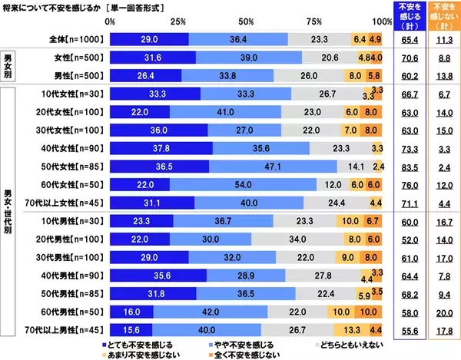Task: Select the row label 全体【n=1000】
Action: tap(75, 38)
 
